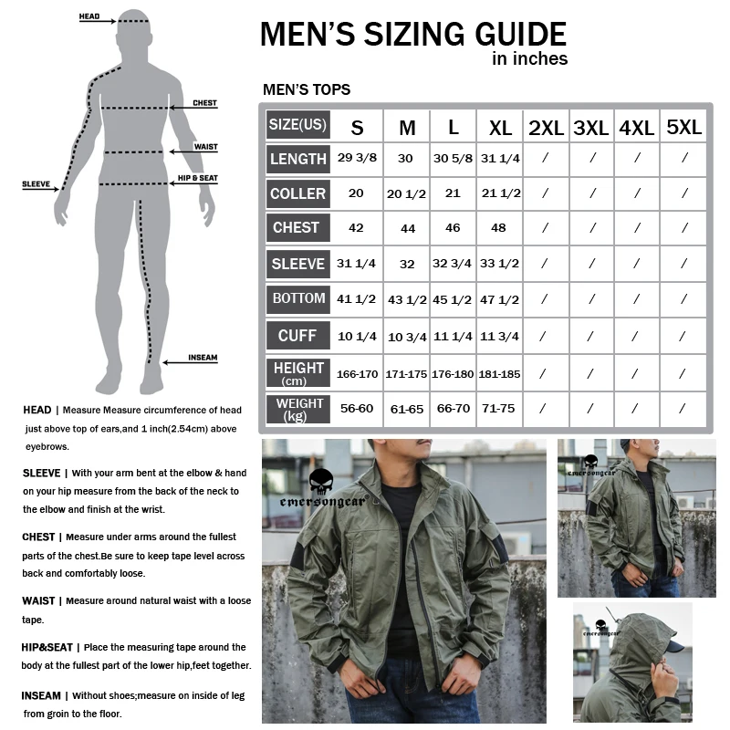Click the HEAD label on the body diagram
click(89, 16)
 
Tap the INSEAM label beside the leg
click(203, 358)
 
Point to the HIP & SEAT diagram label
click(197, 178)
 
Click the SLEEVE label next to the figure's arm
click(36, 184)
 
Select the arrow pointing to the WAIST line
click(193, 151)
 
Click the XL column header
click(500, 128)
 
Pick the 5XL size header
click(683, 127)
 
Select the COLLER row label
click(298, 193)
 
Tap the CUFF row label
click(298, 335)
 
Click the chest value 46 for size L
click(453, 227)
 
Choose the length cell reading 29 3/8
click(357, 158)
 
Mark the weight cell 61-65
click(406, 409)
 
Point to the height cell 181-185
click(499, 374)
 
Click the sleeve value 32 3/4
click(452, 264)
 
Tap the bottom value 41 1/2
click(356, 299)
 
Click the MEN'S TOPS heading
click(307, 89)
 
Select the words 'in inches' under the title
click(530, 58)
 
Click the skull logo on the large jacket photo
click(321, 482)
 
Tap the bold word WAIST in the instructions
click(38, 601)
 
